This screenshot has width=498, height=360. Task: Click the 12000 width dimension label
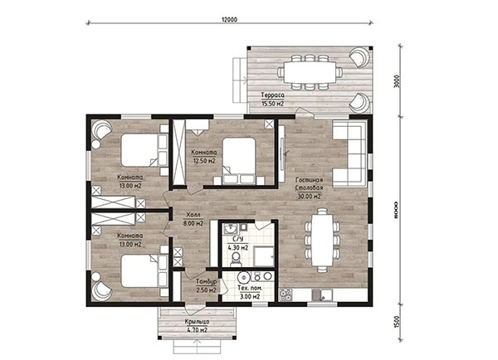229,19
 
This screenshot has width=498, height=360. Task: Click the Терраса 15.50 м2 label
272,99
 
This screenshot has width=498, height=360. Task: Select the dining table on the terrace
310,72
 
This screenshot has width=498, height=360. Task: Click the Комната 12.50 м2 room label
204,157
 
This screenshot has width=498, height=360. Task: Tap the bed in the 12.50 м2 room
239,161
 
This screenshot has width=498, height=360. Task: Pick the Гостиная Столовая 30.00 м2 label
309,188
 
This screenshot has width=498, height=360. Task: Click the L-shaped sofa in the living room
349,153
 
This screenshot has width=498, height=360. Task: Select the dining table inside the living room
322,241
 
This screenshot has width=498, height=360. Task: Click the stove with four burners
286,295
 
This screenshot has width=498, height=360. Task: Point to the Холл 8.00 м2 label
193,219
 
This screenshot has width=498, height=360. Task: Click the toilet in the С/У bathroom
236,258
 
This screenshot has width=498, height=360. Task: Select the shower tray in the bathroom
264,256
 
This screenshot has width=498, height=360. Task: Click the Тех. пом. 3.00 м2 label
251,293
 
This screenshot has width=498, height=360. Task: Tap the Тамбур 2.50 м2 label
206,286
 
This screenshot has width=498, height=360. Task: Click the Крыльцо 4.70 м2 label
198,326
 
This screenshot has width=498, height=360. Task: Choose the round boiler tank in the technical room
244,277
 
